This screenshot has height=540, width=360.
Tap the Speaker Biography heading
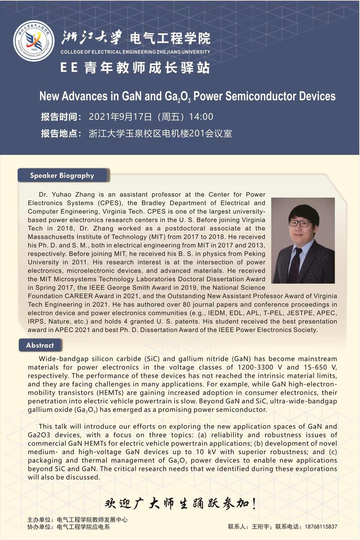(x=62, y=175)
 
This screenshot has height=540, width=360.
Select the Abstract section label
(x=40, y=345)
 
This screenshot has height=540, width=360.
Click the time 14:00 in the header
(x=201, y=117)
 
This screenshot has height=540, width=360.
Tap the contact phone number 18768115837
(x=321, y=526)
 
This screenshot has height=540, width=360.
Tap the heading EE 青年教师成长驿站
(x=135, y=68)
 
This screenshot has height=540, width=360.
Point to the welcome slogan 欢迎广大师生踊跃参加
(x=180, y=503)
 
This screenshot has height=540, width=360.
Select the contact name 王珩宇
(x=260, y=526)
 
